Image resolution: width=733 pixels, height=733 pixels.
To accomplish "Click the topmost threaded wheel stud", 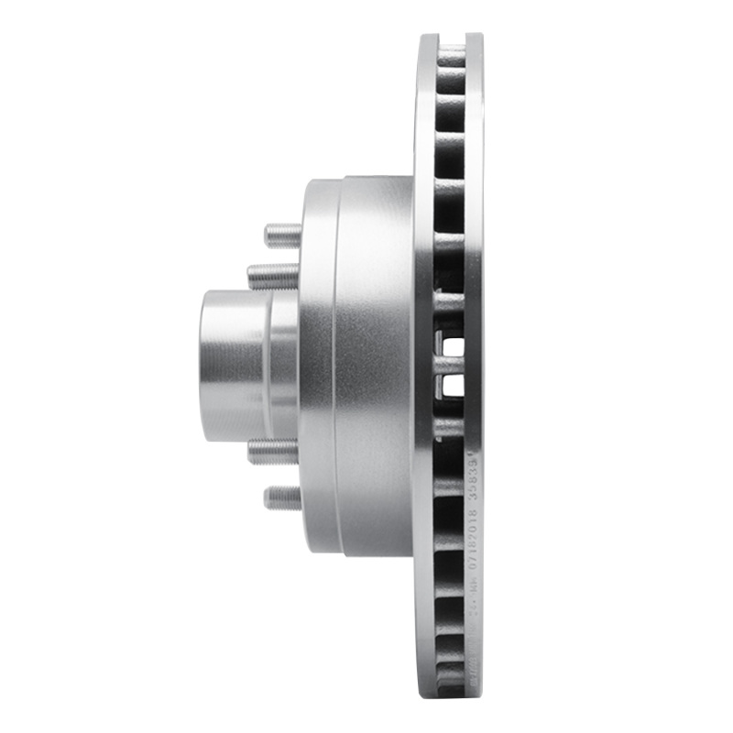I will coord(283,235).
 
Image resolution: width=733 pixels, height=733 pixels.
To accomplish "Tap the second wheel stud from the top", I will coord(272,274).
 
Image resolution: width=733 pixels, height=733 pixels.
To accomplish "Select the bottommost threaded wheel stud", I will coord(283,498).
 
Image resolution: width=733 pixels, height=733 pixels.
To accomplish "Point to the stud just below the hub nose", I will coord(272,452).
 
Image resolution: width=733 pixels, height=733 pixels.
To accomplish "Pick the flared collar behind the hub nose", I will coord(285,365).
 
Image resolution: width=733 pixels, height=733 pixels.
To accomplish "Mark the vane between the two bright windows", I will coord(451,366).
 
